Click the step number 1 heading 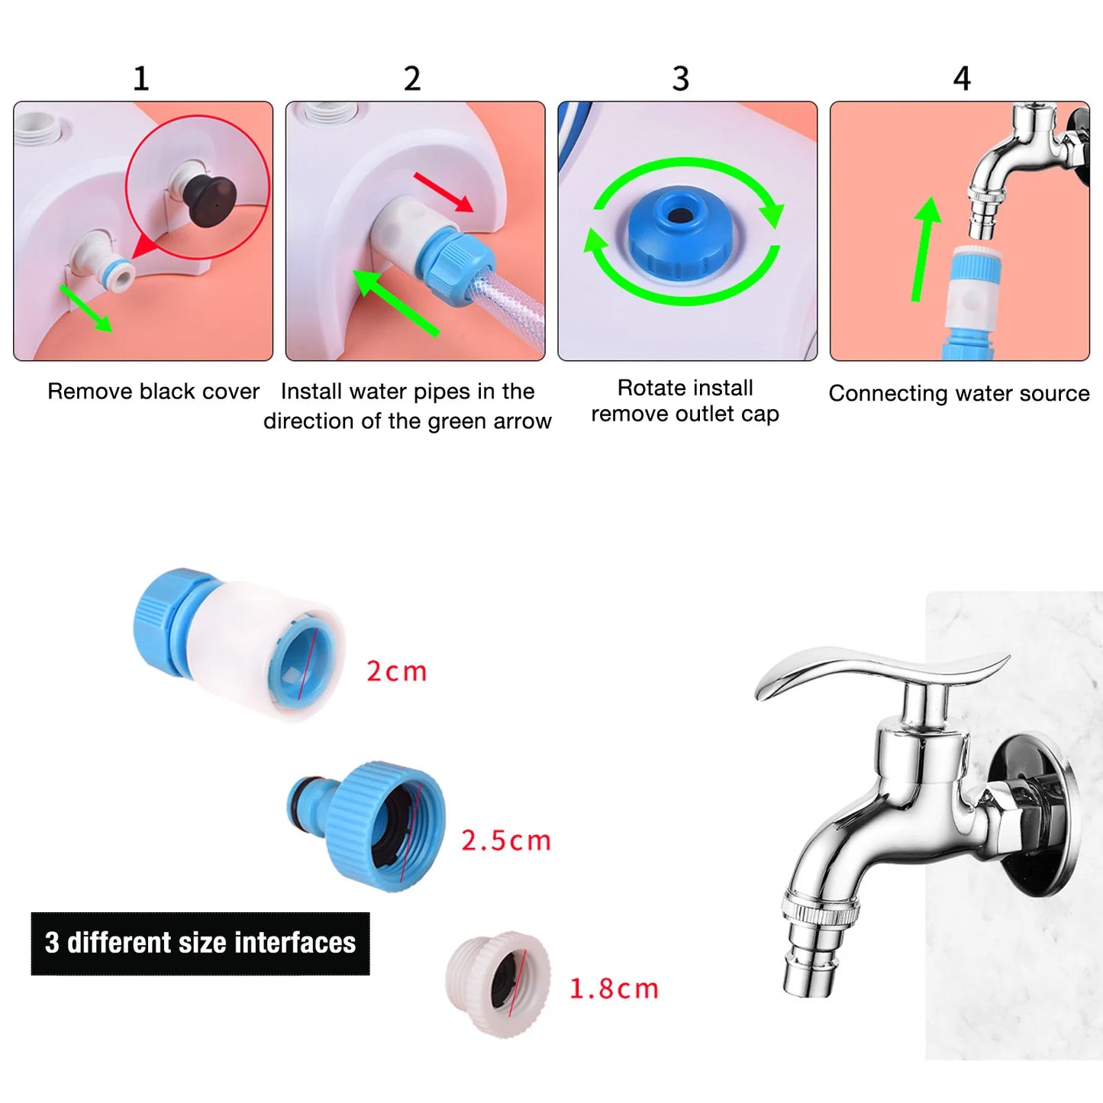140,79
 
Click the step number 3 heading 680,79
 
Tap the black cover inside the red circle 210,201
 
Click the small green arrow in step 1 85,308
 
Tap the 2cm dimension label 396,672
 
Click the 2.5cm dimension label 505,840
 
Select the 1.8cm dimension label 614,989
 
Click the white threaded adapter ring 498,984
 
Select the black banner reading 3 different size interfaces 200,943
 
